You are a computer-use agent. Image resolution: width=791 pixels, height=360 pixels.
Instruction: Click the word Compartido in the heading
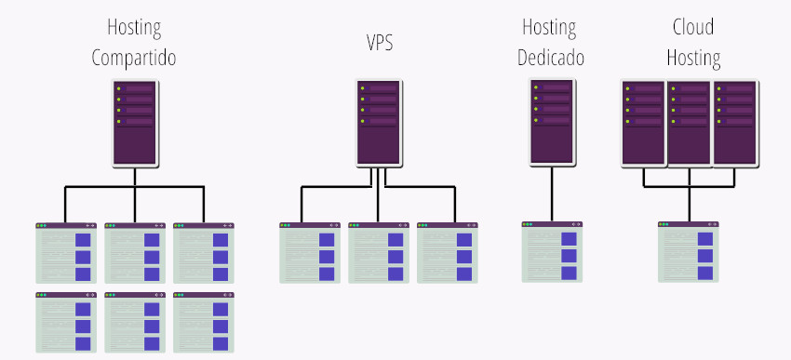[134, 59]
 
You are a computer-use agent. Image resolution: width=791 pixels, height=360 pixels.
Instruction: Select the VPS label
[379, 43]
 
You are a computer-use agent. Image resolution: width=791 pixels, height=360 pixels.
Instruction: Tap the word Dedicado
[551, 59]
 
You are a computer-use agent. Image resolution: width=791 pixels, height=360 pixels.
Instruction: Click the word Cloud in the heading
[693, 28]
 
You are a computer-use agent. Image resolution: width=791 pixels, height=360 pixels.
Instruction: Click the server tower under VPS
[379, 123]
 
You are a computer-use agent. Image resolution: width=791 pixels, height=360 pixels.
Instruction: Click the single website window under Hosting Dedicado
[551, 252]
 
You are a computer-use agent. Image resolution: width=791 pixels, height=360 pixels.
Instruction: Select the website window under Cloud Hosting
[689, 252]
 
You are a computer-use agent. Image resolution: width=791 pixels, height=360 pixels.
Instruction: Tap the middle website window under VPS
[379, 252]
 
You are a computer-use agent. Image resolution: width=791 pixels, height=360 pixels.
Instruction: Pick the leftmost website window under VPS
[310, 252]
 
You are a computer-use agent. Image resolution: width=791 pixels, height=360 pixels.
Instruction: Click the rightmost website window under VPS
[448, 252]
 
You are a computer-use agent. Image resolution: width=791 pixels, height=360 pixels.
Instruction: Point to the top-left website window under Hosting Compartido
[65, 252]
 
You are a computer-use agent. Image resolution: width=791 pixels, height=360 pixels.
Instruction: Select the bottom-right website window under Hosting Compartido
[203, 322]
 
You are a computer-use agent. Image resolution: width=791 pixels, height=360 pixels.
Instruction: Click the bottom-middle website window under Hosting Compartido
[135, 322]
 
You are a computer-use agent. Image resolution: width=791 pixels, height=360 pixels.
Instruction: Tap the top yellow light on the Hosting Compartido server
[119, 89]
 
